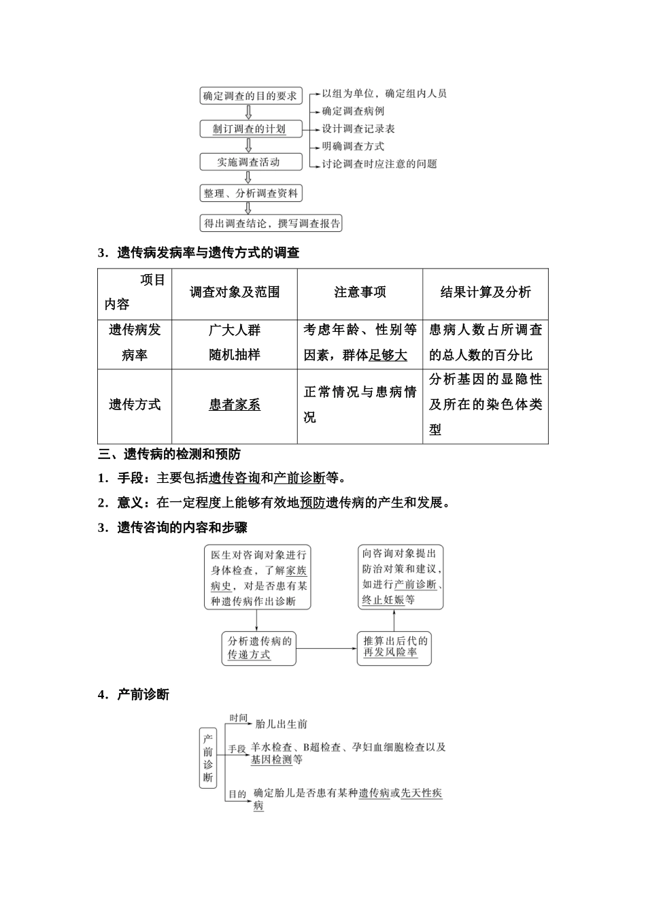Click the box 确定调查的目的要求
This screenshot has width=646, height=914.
coord(250,96)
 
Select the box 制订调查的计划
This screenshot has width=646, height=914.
coord(250,129)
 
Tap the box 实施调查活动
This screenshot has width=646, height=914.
coord(249,162)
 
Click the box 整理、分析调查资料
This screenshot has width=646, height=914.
coord(250,193)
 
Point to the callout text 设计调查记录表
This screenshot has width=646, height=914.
coord(358,129)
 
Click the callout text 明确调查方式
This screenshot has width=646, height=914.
coord(353,146)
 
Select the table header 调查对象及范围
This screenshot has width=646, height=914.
coord(235,292)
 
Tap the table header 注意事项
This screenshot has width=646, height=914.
coord(360,292)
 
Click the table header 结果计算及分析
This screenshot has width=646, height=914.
coord(486,292)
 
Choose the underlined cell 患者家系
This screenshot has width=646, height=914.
coord(235,405)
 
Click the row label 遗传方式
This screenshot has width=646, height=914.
coord(135,405)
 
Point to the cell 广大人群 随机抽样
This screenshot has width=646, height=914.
coord(235,343)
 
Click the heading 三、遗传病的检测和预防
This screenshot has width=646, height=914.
coord(169,454)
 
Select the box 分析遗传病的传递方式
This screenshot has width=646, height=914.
coord(259,648)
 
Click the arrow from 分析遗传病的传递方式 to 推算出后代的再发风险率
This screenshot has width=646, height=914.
coord(327,648)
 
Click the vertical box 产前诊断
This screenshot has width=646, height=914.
coord(208,758)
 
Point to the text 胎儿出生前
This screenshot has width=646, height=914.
coord(282,724)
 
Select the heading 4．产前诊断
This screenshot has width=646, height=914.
coord(133,694)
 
